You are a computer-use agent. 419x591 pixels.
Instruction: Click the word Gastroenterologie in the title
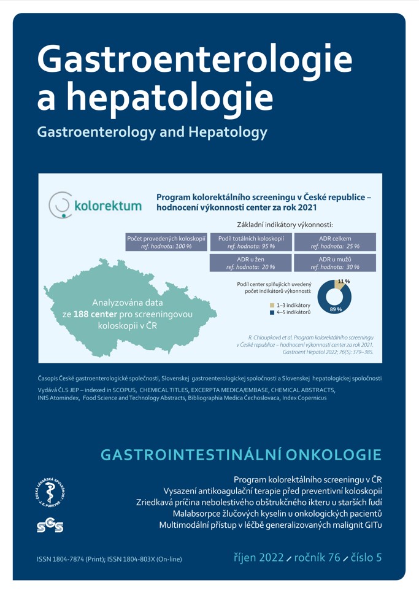195,62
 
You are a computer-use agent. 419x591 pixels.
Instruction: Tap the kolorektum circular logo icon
60,206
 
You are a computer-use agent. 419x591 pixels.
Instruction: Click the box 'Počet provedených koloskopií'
166,242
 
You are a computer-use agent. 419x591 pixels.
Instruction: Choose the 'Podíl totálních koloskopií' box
251,242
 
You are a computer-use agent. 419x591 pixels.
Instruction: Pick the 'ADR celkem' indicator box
335,242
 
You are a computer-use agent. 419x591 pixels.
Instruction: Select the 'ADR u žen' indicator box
251,263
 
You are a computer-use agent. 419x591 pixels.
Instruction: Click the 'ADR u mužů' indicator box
335,263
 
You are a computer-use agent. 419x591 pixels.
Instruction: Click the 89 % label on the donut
336,309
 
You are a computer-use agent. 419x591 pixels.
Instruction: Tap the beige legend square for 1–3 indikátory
272,305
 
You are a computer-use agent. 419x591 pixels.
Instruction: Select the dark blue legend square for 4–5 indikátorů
272,313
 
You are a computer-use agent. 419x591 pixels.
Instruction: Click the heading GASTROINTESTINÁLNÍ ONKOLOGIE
240,455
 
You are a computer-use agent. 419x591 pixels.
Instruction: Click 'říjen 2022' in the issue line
259,558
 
